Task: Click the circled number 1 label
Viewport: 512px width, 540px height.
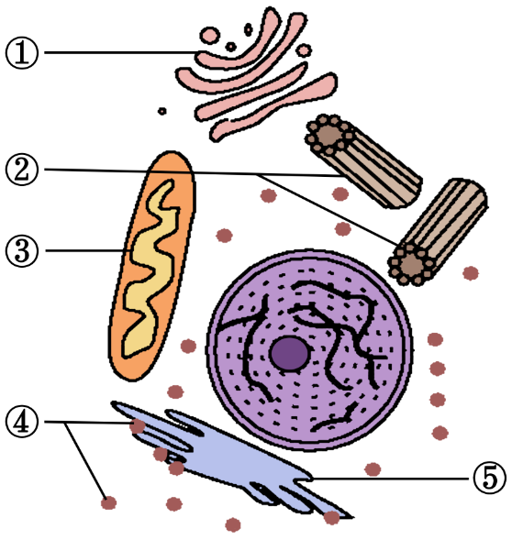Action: pyautogui.click(x=22, y=53)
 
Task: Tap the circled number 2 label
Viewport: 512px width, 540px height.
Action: pyautogui.click(x=22, y=170)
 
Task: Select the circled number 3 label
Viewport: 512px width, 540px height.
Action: pyautogui.click(x=22, y=250)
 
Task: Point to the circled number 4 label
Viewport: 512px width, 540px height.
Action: pyautogui.click(x=22, y=422)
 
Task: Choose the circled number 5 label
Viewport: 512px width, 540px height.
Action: pyautogui.click(x=489, y=479)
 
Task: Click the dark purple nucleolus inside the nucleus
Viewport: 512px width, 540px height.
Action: pyautogui.click(x=289, y=354)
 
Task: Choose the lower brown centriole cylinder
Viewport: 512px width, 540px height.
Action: pyautogui.click(x=438, y=231)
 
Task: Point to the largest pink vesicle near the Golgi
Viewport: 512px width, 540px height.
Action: pyautogui.click(x=209, y=35)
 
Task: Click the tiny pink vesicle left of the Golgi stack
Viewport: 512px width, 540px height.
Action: pyautogui.click(x=162, y=111)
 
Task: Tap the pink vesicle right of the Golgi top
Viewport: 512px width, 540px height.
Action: pyautogui.click(x=304, y=50)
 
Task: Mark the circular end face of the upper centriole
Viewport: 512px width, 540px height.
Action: pyautogui.click(x=329, y=134)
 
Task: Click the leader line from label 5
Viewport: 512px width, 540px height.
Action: pyautogui.click(x=391, y=479)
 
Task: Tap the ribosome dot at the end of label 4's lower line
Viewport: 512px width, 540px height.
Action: pyautogui.click(x=108, y=502)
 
